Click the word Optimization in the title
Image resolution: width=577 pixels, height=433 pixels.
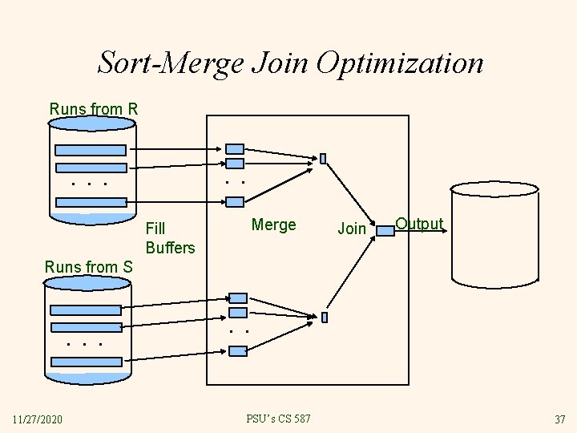(399, 63)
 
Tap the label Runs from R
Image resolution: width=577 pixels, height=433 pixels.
(94, 108)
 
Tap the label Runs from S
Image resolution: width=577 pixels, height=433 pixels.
(89, 266)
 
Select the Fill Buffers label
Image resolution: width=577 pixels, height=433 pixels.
(170, 238)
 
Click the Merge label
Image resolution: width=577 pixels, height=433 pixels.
(273, 225)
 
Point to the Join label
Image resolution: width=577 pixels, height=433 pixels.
(352, 229)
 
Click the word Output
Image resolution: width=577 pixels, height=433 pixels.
(419, 224)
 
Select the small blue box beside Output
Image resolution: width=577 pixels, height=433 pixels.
(385, 231)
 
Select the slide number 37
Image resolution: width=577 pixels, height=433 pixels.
(559, 419)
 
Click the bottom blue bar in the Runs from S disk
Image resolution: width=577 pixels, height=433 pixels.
(87, 362)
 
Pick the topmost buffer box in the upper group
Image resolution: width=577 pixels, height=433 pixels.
(235, 149)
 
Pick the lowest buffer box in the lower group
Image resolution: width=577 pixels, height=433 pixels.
(237, 350)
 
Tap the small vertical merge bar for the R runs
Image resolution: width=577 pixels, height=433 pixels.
(323, 159)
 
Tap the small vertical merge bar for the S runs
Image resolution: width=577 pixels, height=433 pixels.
(325, 318)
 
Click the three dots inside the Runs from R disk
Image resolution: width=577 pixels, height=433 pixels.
(89, 184)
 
